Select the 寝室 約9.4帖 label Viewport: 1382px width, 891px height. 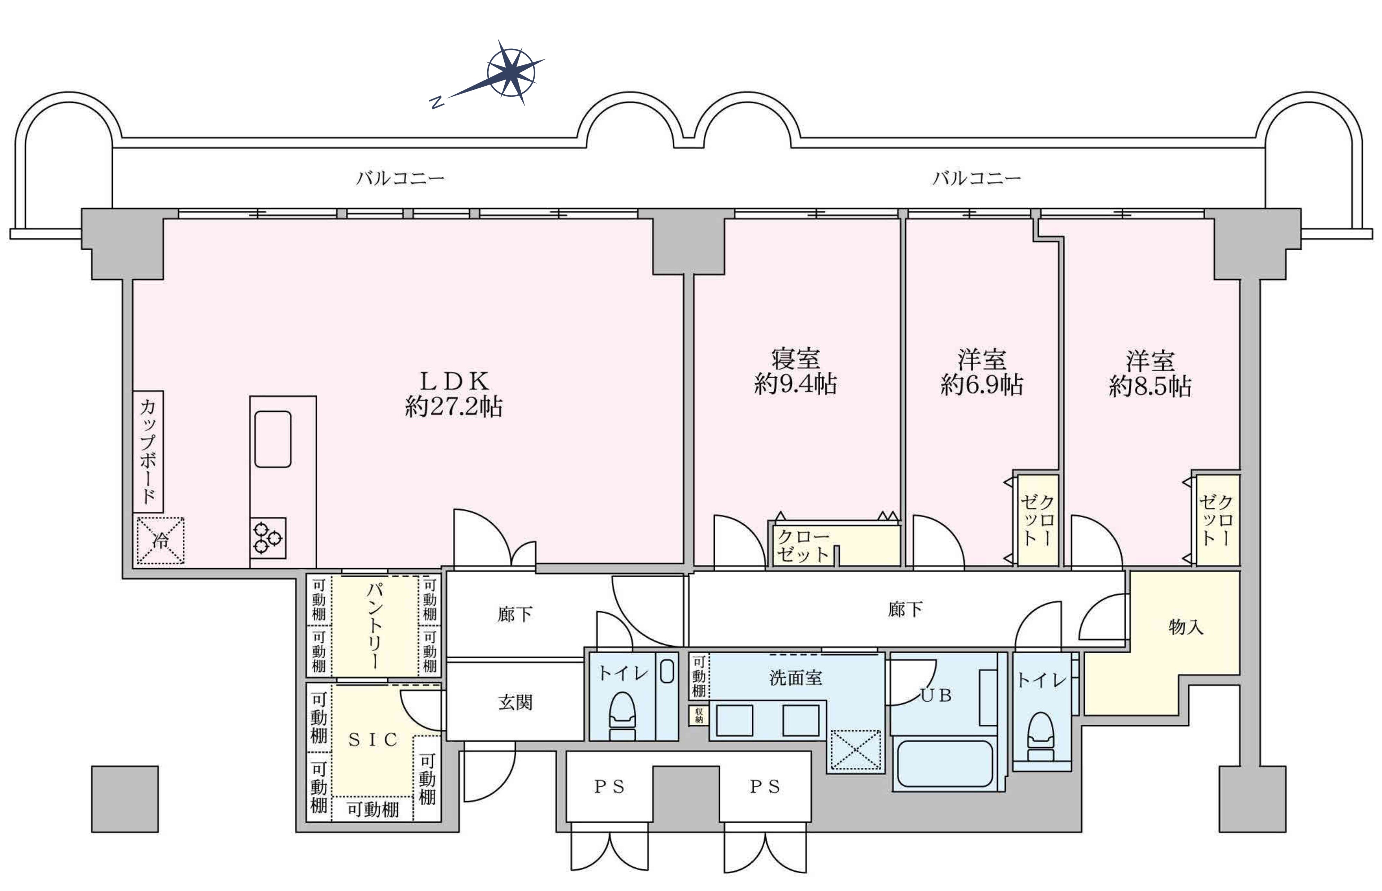point(796,371)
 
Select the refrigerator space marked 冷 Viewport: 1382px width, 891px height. point(160,541)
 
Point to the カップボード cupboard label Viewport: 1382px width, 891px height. point(148,452)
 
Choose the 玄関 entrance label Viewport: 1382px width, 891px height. point(515,703)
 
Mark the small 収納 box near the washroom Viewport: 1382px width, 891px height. point(699,715)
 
